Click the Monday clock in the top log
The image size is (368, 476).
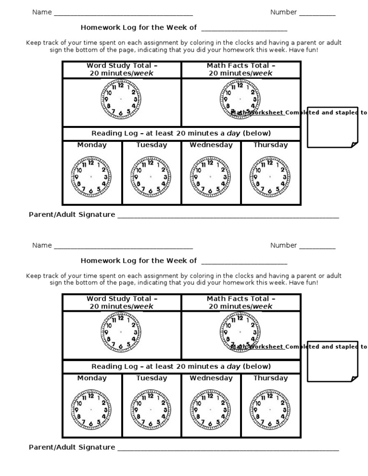pyautogui.click(x=91, y=177)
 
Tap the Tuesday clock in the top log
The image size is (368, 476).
pyautogui.click(x=150, y=177)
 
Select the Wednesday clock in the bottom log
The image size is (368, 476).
pyautogui.click(x=210, y=410)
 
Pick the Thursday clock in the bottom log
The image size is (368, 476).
pyautogui.click(x=269, y=410)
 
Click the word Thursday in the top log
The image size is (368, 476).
pyautogui.click(x=271, y=145)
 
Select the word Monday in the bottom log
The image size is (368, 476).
pyautogui.click(x=92, y=378)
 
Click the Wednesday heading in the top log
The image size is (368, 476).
pyautogui.click(x=211, y=145)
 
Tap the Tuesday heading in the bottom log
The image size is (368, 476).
pyautogui.click(x=151, y=378)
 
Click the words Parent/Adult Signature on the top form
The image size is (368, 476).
pyautogui.click(x=72, y=215)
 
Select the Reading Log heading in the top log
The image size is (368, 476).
pyautogui.click(x=181, y=133)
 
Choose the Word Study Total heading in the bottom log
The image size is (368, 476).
pyautogui.click(x=122, y=303)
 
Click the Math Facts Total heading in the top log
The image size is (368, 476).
pyautogui.click(x=241, y=69)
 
